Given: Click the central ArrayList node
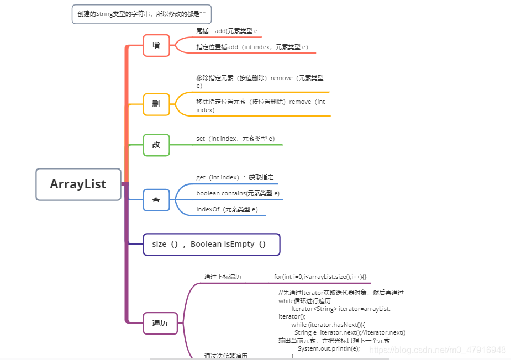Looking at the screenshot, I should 78,184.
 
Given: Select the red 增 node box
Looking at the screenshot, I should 156,45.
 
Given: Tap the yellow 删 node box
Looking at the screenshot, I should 156,104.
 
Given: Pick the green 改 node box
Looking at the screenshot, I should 156,145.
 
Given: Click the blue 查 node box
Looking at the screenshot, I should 156,200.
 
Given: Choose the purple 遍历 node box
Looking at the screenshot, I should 160,323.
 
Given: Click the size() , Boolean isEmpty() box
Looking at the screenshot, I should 212,244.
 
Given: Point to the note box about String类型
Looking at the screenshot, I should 141,14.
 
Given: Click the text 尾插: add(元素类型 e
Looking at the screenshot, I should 227,31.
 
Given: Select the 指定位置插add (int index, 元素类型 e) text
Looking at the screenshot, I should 252,47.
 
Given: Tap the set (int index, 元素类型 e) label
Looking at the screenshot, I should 235,139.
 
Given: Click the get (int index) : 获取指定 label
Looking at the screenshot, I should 235,177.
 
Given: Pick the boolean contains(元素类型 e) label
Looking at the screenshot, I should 238,193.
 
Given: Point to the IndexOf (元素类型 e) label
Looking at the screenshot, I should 227,209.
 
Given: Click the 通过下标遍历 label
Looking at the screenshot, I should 223,277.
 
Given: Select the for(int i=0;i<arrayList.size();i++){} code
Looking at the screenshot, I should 320,277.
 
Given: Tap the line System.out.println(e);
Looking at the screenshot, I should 328,348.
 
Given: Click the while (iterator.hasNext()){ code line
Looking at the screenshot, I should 328,325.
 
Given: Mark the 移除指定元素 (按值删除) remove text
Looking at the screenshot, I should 260,78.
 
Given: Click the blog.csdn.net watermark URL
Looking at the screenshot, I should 437,350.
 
